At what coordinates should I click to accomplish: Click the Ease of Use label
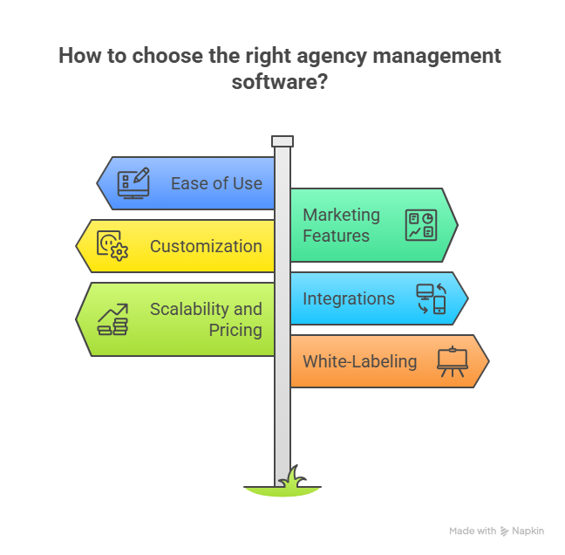(216, 183)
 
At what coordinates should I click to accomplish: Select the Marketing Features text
(341, 225)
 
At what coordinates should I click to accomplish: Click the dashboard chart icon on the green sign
(421, 225)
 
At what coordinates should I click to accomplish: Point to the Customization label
(206, 246)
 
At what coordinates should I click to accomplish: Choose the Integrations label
(348, 298)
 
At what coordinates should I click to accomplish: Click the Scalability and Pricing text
(206, 319)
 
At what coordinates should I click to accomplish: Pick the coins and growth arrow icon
(112, 319)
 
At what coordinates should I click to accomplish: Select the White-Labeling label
(359, 361)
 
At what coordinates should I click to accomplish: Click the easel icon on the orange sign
(452, 361)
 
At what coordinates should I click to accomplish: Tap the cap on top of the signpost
(282, 141)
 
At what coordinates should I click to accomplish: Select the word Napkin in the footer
(529, 531)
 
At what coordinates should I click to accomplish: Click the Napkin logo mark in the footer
(505, 531)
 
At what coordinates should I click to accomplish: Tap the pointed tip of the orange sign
(487, 361)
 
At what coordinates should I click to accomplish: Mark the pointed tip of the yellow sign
(78, 246)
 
